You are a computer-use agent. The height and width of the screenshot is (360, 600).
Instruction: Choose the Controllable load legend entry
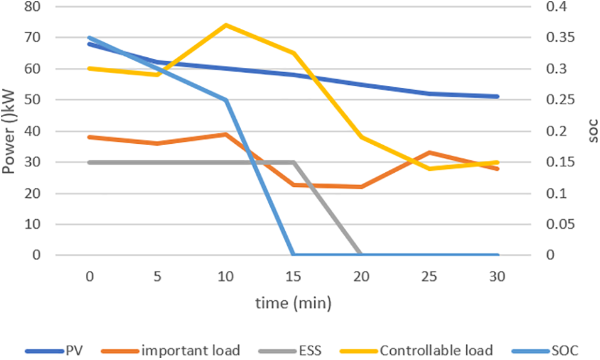click(x=435, y=350)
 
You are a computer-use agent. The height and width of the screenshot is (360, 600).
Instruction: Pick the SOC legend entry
click(x=564, y=350)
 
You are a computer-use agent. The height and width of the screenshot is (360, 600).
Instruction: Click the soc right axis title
click(x=591, y=131)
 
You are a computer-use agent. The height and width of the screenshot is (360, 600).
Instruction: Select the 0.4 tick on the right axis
click(x=542, y=7)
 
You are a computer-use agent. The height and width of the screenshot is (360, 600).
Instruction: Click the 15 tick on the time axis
click(x=293, y=276)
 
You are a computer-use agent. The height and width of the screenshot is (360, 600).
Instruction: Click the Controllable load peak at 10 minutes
click(x=226, y=25)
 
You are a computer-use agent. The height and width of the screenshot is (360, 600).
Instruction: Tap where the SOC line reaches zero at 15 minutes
click(x=293, y=255)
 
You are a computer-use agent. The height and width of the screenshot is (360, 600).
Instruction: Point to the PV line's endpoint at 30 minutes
click(x=498, y=97)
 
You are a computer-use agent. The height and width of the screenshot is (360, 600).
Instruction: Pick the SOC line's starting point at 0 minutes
click(x=89, y=38)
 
